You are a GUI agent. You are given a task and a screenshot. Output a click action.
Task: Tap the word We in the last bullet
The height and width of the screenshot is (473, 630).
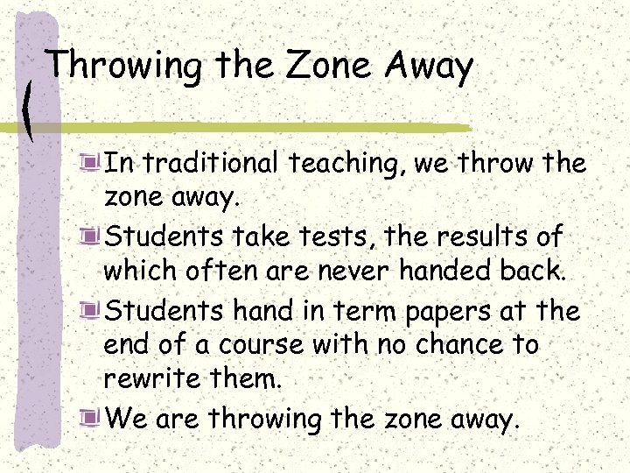124,419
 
